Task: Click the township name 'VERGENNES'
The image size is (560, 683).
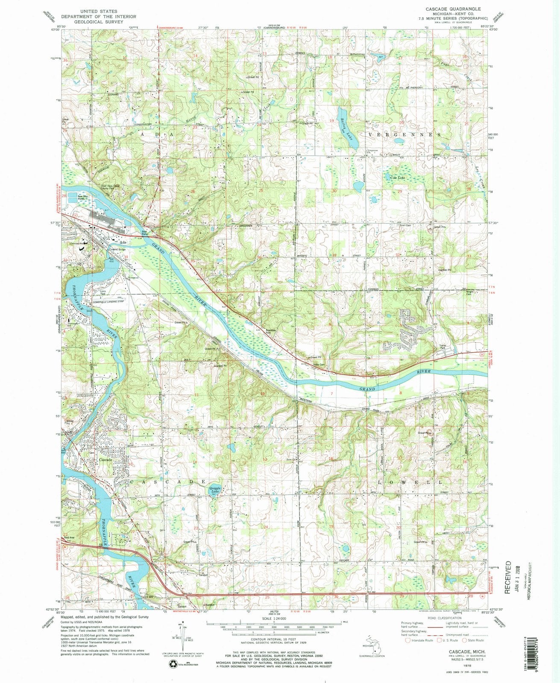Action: [404, 134]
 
